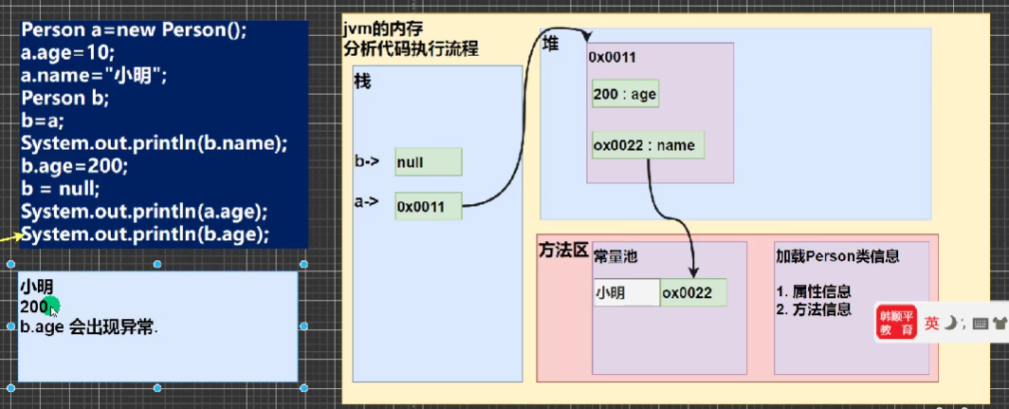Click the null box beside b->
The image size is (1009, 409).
coord(428,162)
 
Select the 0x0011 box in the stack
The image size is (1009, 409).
coord(428,205)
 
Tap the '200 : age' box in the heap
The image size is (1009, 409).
coord(624,94)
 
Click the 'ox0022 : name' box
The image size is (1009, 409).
coord(648,145)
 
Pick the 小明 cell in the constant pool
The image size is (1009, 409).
coord(626,293)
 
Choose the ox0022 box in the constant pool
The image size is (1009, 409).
coord(694,293)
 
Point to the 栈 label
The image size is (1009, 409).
coord(362,82)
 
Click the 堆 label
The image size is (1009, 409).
coord(550,45)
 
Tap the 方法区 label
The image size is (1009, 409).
coord(563,255)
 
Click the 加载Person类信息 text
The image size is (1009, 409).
coord(837,256)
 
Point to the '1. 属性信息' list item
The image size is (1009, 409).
coord(813,291)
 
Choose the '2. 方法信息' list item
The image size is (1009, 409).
coord(813,309)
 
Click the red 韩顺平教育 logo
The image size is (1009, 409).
coord(896,324)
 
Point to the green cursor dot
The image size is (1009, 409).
coord(52,306)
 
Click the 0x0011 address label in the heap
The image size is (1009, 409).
coord(612,57)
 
